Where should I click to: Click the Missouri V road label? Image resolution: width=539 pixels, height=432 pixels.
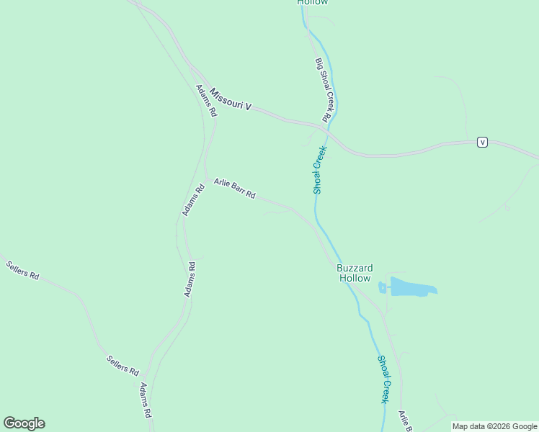[x=231, y=100]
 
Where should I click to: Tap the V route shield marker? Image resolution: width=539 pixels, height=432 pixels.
[x=483, y=142]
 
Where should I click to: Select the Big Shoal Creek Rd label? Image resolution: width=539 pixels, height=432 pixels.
[x=323, y=89]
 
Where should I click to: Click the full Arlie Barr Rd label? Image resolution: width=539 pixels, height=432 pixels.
[x=234, y=189]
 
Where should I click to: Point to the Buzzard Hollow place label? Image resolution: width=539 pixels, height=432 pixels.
[x=354, y=273]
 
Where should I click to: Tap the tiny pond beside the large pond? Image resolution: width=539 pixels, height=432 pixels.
[x=382, y=288]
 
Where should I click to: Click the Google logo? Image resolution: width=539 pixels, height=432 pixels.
[x=24, y=423]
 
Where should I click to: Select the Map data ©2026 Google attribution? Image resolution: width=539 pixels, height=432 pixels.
[x=494, y=426]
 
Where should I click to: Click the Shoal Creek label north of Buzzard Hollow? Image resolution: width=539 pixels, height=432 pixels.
[x=320, y=170]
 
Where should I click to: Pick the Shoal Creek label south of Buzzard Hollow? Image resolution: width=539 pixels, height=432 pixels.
[x=385, y=379]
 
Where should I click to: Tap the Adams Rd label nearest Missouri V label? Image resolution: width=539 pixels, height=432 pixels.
[x=205, y=101]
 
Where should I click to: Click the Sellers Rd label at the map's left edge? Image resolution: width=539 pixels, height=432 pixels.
[x=22, y=270]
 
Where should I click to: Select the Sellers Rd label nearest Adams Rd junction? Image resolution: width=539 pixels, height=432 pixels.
[x=122, y=365]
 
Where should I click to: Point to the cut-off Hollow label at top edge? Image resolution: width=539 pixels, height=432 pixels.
[x=313, y=3]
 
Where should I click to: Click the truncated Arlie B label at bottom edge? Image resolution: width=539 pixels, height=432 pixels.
[x=405, y=420]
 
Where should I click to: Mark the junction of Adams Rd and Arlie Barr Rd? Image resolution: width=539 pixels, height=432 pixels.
[x=206, y=179]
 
